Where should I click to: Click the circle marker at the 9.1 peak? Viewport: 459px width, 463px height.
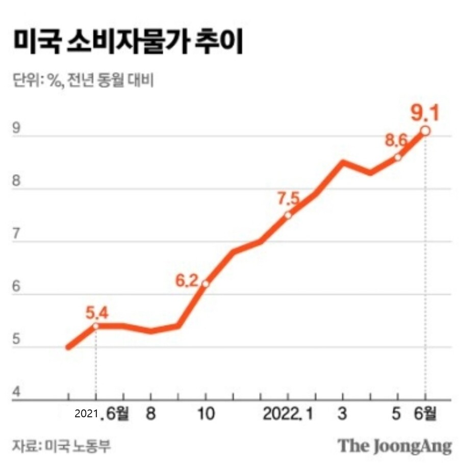coord(425,131)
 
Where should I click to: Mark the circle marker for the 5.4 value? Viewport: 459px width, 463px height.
coord(95,326)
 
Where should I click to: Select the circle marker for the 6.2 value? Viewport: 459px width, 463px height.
coord(206,284)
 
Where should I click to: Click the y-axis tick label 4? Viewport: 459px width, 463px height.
coord(16,393)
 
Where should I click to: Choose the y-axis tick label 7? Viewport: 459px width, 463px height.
coord(16,234)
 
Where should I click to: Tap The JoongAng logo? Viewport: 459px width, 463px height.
coord(395,446)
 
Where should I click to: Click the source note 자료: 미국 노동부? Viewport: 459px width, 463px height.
coord(61,446)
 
